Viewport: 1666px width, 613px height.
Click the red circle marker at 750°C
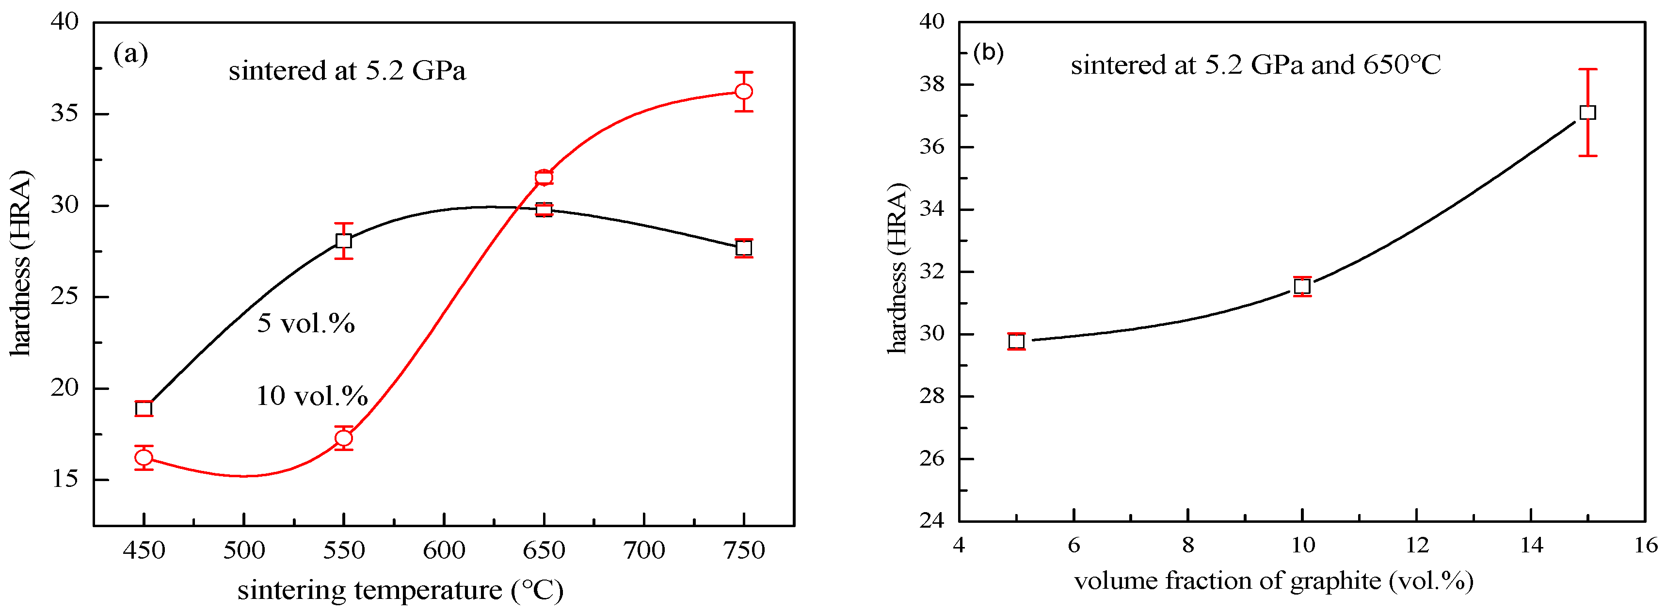tap(744, 92)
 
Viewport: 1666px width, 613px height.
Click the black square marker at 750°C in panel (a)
tap(744, 248)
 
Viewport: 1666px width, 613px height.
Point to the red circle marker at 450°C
tap(144, 457)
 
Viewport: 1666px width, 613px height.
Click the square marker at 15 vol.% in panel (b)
tap(1588, 113)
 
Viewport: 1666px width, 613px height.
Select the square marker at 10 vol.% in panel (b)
tap(1302, 286)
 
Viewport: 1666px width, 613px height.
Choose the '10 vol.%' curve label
tap(312, 396)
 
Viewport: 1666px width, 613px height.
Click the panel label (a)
tap(130, 54)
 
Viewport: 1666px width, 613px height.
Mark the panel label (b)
tap(988, 52)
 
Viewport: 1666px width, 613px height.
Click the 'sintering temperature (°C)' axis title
tap(400, 590)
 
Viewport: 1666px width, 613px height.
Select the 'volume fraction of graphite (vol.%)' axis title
tap(1273, 581)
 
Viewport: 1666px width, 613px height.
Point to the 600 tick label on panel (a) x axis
tap(444, 550)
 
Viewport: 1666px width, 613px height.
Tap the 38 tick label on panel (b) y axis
tap(932, 85)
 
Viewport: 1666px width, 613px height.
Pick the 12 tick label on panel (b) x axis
tap(1417, 546)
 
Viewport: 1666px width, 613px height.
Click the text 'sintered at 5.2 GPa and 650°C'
tap(1255, 65)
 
